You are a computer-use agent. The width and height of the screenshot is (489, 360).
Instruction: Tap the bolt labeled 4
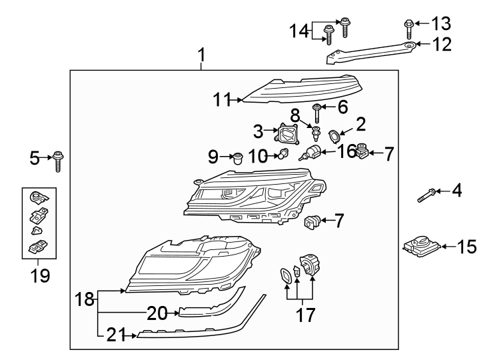[427, 195]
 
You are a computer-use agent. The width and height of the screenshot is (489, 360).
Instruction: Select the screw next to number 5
[58, 161]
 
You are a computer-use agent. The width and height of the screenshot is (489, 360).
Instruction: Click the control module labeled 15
[419, 247]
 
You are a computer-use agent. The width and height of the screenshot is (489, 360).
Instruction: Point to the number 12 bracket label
[442, 45]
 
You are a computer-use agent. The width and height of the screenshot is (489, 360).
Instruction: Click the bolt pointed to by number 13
[407, 27]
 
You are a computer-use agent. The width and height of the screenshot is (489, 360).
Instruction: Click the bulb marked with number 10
[283, 156]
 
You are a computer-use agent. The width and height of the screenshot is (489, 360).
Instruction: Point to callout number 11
[221, 101]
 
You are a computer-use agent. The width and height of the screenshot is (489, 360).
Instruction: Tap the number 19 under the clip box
[41, 275]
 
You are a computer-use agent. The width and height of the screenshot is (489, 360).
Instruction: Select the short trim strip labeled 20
[200, 311]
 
